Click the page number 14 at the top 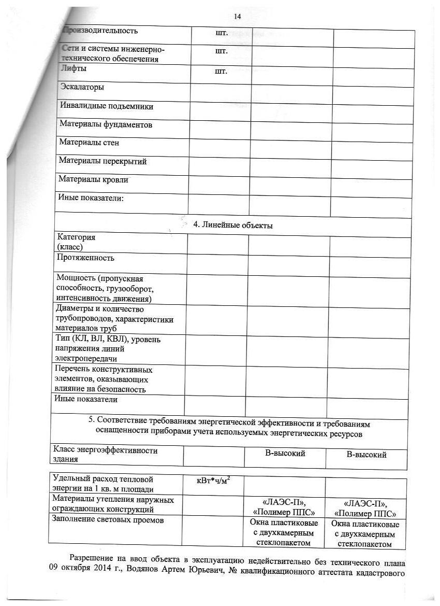pyautogui.click(x=238, y=17)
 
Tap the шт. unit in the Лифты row pyautogui.click(x=221, y=71)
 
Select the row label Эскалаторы pyautogui.click(x=82, y=87)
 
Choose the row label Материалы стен pyautogui.click(x=89, y=143)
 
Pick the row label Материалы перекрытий pyautogui.click(x=102, y=161)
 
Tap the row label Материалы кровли pyautogui.click(x=93, y=180)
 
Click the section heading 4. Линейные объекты pyautogui.click(x=233, y=226)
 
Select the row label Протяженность pyautogui.click(x=84, y=258)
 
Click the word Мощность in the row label pyautogui.click(x=75, y=279)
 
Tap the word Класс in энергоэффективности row pyautogui.click(x=63, y=450)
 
